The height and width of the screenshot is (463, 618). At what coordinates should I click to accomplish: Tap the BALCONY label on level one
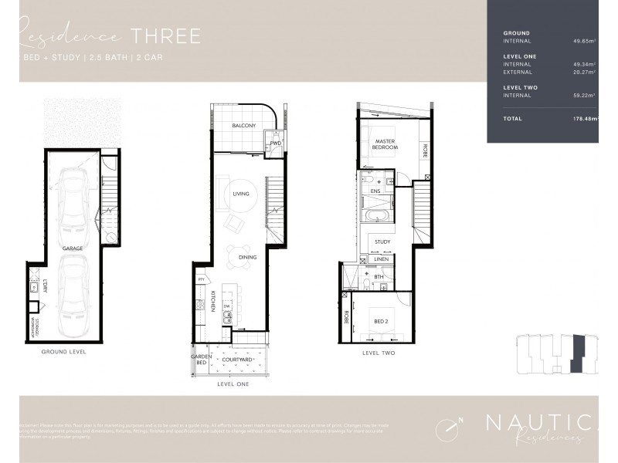coord(244,125)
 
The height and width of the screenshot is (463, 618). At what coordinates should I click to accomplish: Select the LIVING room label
coord(240,194)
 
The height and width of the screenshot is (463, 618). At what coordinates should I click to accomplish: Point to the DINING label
coord(247,256)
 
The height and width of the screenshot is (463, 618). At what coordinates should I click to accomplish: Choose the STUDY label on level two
coord(382,242)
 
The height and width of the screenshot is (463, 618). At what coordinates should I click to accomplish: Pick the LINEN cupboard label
coord(381,260)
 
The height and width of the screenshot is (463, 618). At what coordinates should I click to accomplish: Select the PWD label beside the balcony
coord(275,143)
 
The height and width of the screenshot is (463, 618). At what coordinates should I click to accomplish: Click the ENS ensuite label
coord(377,190)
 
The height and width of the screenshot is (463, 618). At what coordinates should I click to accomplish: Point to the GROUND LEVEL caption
coord(65,351)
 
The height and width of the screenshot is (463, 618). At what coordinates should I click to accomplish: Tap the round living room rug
coord(239,194)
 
